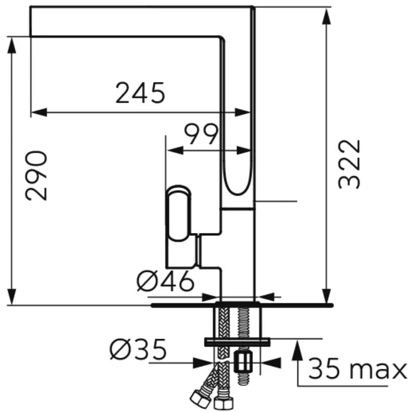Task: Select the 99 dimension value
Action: pos(201,135)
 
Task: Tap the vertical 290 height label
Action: pos(36,176)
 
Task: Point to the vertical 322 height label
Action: pos(349,164)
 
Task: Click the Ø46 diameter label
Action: pos(165,281)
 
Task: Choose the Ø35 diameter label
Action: pos(138,349)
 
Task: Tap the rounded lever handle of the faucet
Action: pos(179,213)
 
